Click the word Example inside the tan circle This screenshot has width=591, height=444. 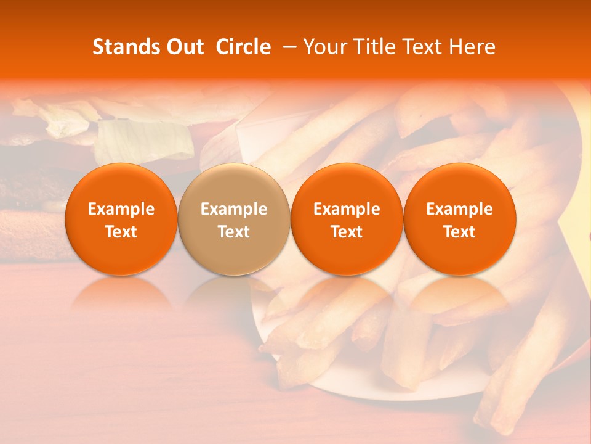pyautogui.click(x=234, y=209)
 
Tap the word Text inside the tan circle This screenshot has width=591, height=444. pyautogui.click(x=234, y=232)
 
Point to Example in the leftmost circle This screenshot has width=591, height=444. pyautogui.click(x=121, y=209)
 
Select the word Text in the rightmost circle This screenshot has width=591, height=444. pyautogui.click(x=460, y=232)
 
